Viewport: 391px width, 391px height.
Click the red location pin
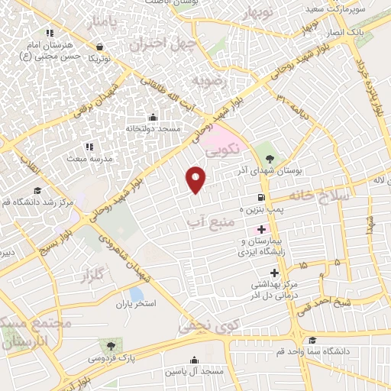[x=197, y=179]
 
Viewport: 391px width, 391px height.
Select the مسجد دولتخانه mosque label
[x=153, y=129]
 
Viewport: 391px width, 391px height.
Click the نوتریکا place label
[x=100, y=58]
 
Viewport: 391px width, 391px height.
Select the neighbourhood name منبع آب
[x=207, y=221]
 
